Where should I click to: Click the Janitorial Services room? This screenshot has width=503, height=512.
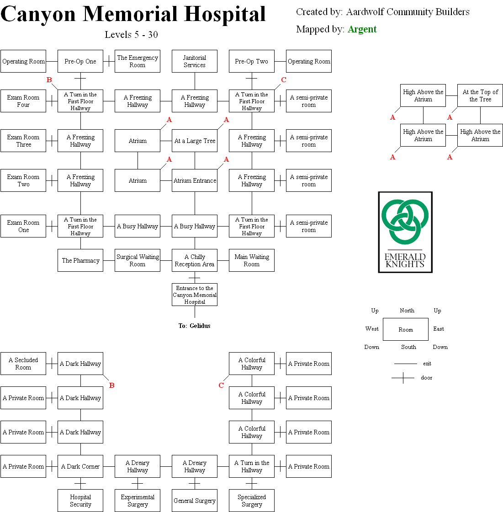coord(195,61)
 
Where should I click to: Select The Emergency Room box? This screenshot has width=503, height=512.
coord(138,61)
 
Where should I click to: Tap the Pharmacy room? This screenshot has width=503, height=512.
coord(80,260)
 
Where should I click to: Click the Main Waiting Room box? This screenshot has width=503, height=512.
coord(252,260)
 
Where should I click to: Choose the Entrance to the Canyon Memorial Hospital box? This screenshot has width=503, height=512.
coord(195,295)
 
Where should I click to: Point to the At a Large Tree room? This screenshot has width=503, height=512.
coord(195,141)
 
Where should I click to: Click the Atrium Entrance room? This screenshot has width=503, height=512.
coord(195,180)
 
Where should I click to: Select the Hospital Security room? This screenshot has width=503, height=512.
coord(80,501)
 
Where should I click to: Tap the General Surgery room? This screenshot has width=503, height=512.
coord(195,501)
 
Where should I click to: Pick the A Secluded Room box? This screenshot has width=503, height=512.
coord(23,364)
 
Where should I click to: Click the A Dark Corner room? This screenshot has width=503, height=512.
coord(80,466)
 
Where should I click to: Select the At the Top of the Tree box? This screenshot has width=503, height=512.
coord(480,95)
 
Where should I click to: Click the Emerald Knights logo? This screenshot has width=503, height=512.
coord(405,232)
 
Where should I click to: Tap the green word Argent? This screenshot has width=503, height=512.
coord(362,29)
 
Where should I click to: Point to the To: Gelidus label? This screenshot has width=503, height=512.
coord(194,326)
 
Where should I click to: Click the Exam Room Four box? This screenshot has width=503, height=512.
coord(23,101)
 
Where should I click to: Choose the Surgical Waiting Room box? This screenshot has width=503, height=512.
coord(138,260)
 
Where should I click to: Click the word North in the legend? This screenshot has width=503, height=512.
coord(407,311)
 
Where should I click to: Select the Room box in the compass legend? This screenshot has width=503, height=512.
coord(406,329)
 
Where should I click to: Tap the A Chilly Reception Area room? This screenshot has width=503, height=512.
coord(195,260)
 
